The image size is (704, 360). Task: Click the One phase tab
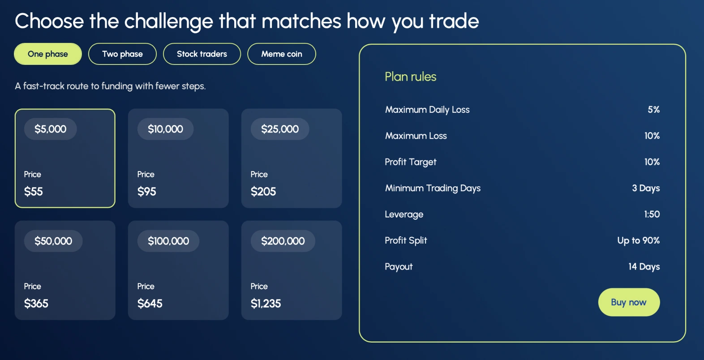tap(48, 54)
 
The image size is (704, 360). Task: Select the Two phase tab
tap(122, 54)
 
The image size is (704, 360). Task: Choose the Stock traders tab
tap(202, 54)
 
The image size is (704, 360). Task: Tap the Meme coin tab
tap(282, 54)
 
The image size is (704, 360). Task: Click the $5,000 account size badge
tap(50, 129)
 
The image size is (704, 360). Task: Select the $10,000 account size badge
tap(165, 129)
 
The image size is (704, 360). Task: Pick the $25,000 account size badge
tap(280, 129)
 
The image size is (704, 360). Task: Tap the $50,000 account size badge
tap(53, 241)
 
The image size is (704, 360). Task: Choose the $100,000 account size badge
tap(168, 241)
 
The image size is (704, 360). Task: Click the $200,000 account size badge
tap(283, 241)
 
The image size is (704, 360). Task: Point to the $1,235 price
tap(266, 304)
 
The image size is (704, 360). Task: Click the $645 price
tap(150, 304)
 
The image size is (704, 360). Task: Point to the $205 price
tap(263, 192)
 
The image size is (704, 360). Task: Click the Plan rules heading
tap(411, 77)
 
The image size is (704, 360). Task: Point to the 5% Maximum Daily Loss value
tap(654, 110)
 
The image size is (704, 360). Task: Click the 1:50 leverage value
tap(652, 214)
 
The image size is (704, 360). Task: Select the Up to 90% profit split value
tap(638, 240)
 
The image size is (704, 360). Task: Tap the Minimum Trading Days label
tap(433, 188)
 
